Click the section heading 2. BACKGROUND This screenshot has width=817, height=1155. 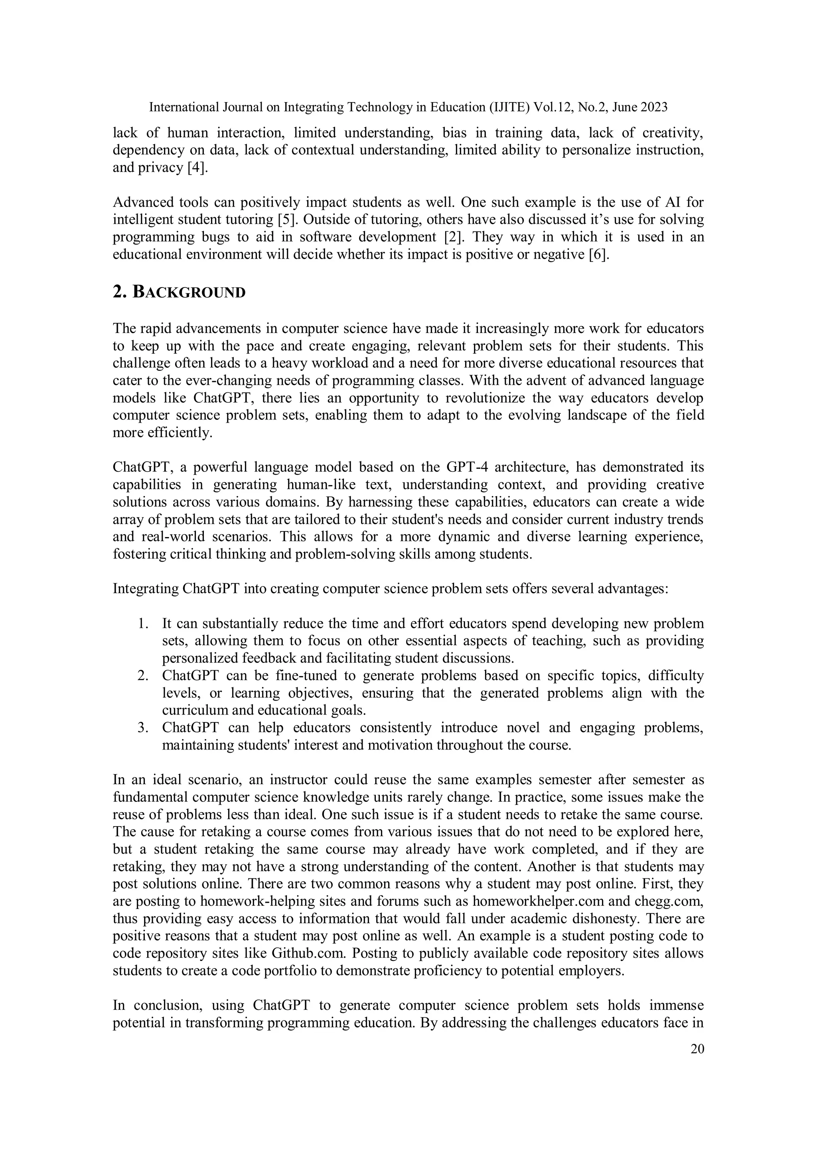pos(179,292)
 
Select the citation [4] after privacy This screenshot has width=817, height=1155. pos(197,167)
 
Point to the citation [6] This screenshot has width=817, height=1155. pos(599,254)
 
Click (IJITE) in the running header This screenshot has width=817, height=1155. pos(508,107)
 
